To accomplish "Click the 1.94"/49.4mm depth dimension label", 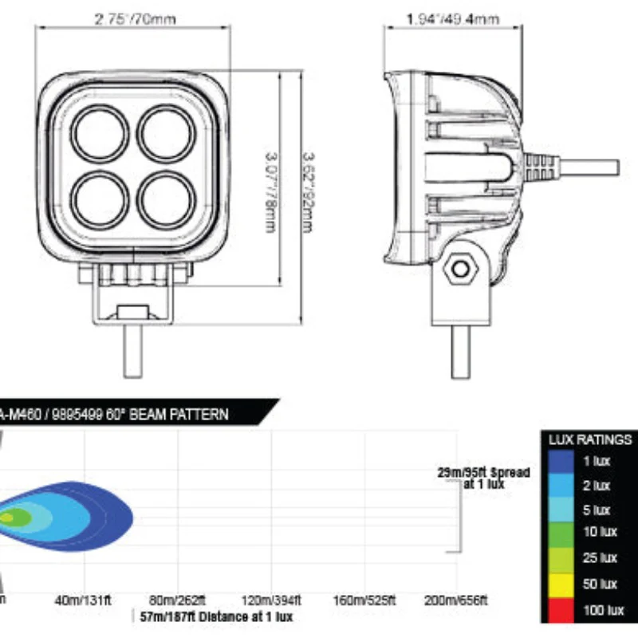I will tap(452, 18).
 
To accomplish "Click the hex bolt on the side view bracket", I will tap(459, 269).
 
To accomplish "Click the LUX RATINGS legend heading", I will tap(590, 439).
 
